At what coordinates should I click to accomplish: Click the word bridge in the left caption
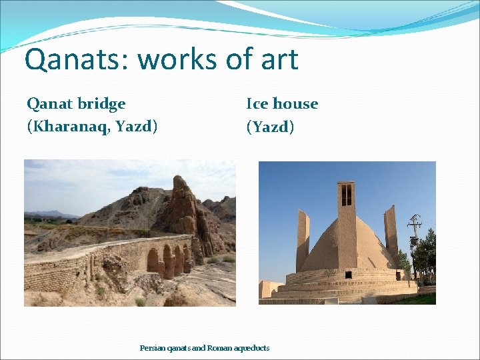101,104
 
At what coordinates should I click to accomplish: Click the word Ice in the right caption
257,104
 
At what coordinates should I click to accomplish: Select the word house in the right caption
295,104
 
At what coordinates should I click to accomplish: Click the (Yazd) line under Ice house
270,126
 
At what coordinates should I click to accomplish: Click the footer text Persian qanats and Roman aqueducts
204,347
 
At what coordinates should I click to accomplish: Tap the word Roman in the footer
220,347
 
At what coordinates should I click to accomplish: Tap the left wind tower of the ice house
303,240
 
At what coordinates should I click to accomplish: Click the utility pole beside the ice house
415,247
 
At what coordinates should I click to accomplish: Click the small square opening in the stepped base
346,274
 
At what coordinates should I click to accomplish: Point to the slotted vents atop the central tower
346,195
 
